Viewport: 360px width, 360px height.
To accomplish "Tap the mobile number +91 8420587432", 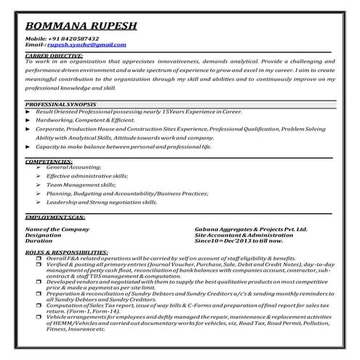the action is click(x=73, y=39).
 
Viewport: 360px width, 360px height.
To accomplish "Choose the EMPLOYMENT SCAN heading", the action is click(x=55, y=217).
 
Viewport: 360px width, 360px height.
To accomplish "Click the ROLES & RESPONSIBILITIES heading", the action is click(x=64, y=252).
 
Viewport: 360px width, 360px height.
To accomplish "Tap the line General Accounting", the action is click(x=73, y=167).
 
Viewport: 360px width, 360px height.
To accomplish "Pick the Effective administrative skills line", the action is click(x=87, y=176).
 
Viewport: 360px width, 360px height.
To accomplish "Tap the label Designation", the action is click(x=43, y=236).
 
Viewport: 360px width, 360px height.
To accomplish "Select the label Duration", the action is click(x=39, y=241).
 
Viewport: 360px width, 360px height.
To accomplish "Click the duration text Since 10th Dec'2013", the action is click(x=238, y=241).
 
